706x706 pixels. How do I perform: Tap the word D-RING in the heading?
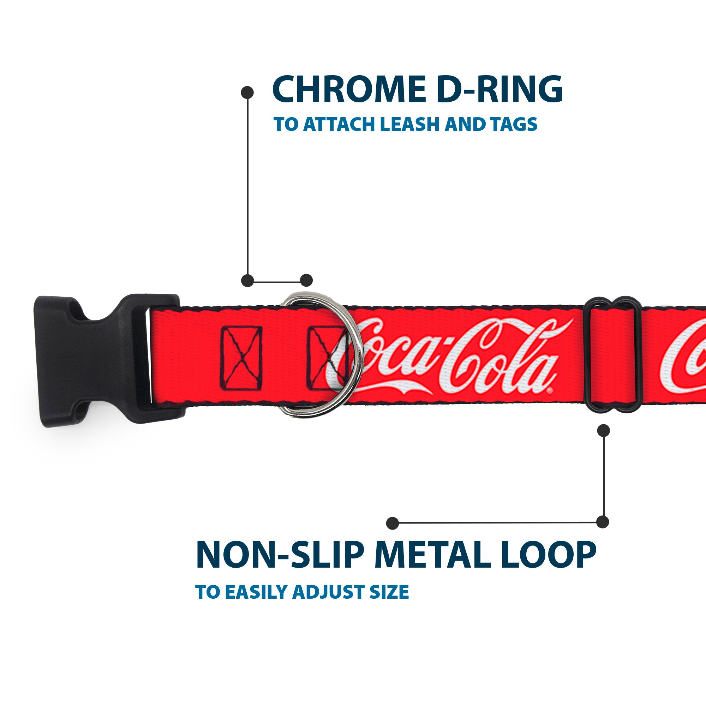click(x=499, y=90)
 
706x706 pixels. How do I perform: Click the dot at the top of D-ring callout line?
click(x=247, y=92)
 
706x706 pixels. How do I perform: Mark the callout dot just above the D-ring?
click(x=306, y=280)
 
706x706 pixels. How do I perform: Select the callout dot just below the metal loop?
click(x=603, y=430)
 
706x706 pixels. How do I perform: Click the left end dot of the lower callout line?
click(x=393, y=523)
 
